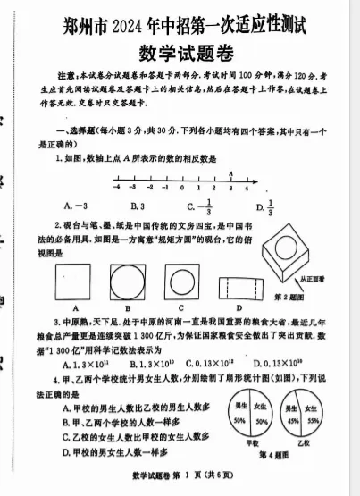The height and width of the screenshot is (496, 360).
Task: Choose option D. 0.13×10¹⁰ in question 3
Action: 278,364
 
